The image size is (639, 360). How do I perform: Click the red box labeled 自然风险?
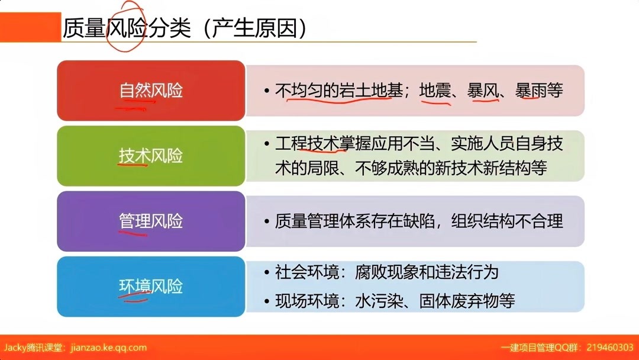(151, 91)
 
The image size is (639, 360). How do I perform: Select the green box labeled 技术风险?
(151, 156)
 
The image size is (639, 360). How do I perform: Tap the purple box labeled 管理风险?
(151, 221)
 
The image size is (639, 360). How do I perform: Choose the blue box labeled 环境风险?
(151, 287)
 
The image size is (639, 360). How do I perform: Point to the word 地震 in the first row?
(435, 91)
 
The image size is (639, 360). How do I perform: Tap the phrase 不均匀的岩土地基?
(340, 91)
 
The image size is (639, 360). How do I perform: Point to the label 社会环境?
(307, 272)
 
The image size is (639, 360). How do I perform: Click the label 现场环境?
(307, 301)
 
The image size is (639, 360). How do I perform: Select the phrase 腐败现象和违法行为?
(427, 272)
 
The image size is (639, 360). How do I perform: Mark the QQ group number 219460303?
(609, 348)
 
